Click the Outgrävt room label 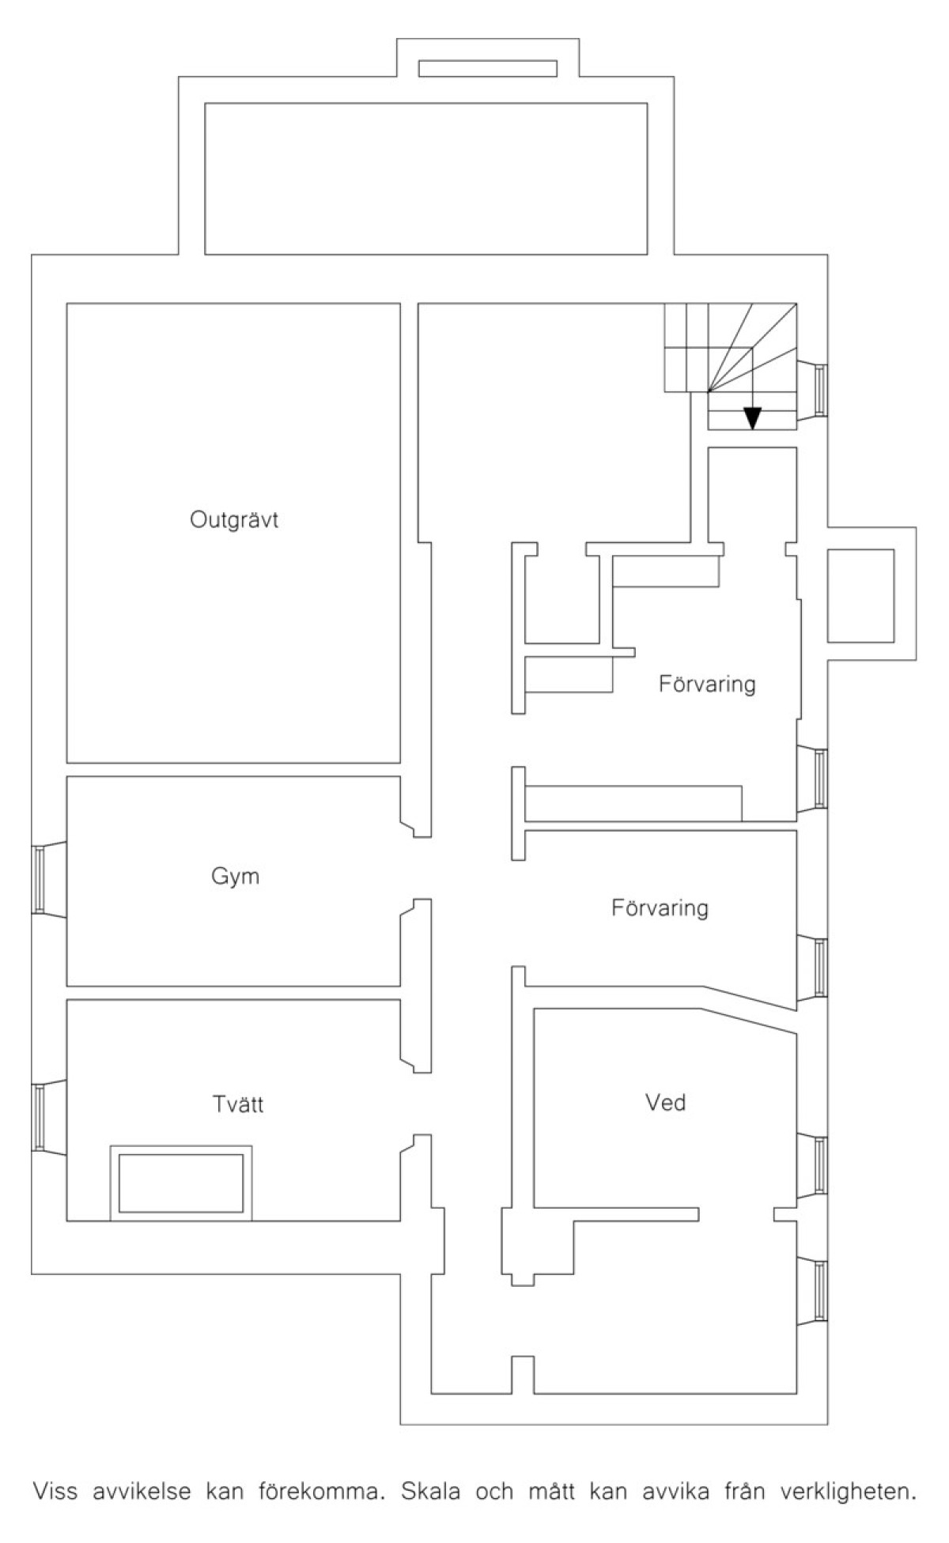(234, 520)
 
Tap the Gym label (235, 877)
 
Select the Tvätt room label (238, 1103)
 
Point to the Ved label (665, 1102)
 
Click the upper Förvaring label (707, 684)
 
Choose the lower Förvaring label (660, 907)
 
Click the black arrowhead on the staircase (753, 417)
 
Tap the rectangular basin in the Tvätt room (181, 1183)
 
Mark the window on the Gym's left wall (38, 880)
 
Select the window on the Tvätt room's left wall (38, 1117)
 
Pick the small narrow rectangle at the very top (487, 68)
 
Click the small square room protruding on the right (860, 595)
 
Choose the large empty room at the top (426, 179)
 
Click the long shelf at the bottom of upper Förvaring (633, 803)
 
